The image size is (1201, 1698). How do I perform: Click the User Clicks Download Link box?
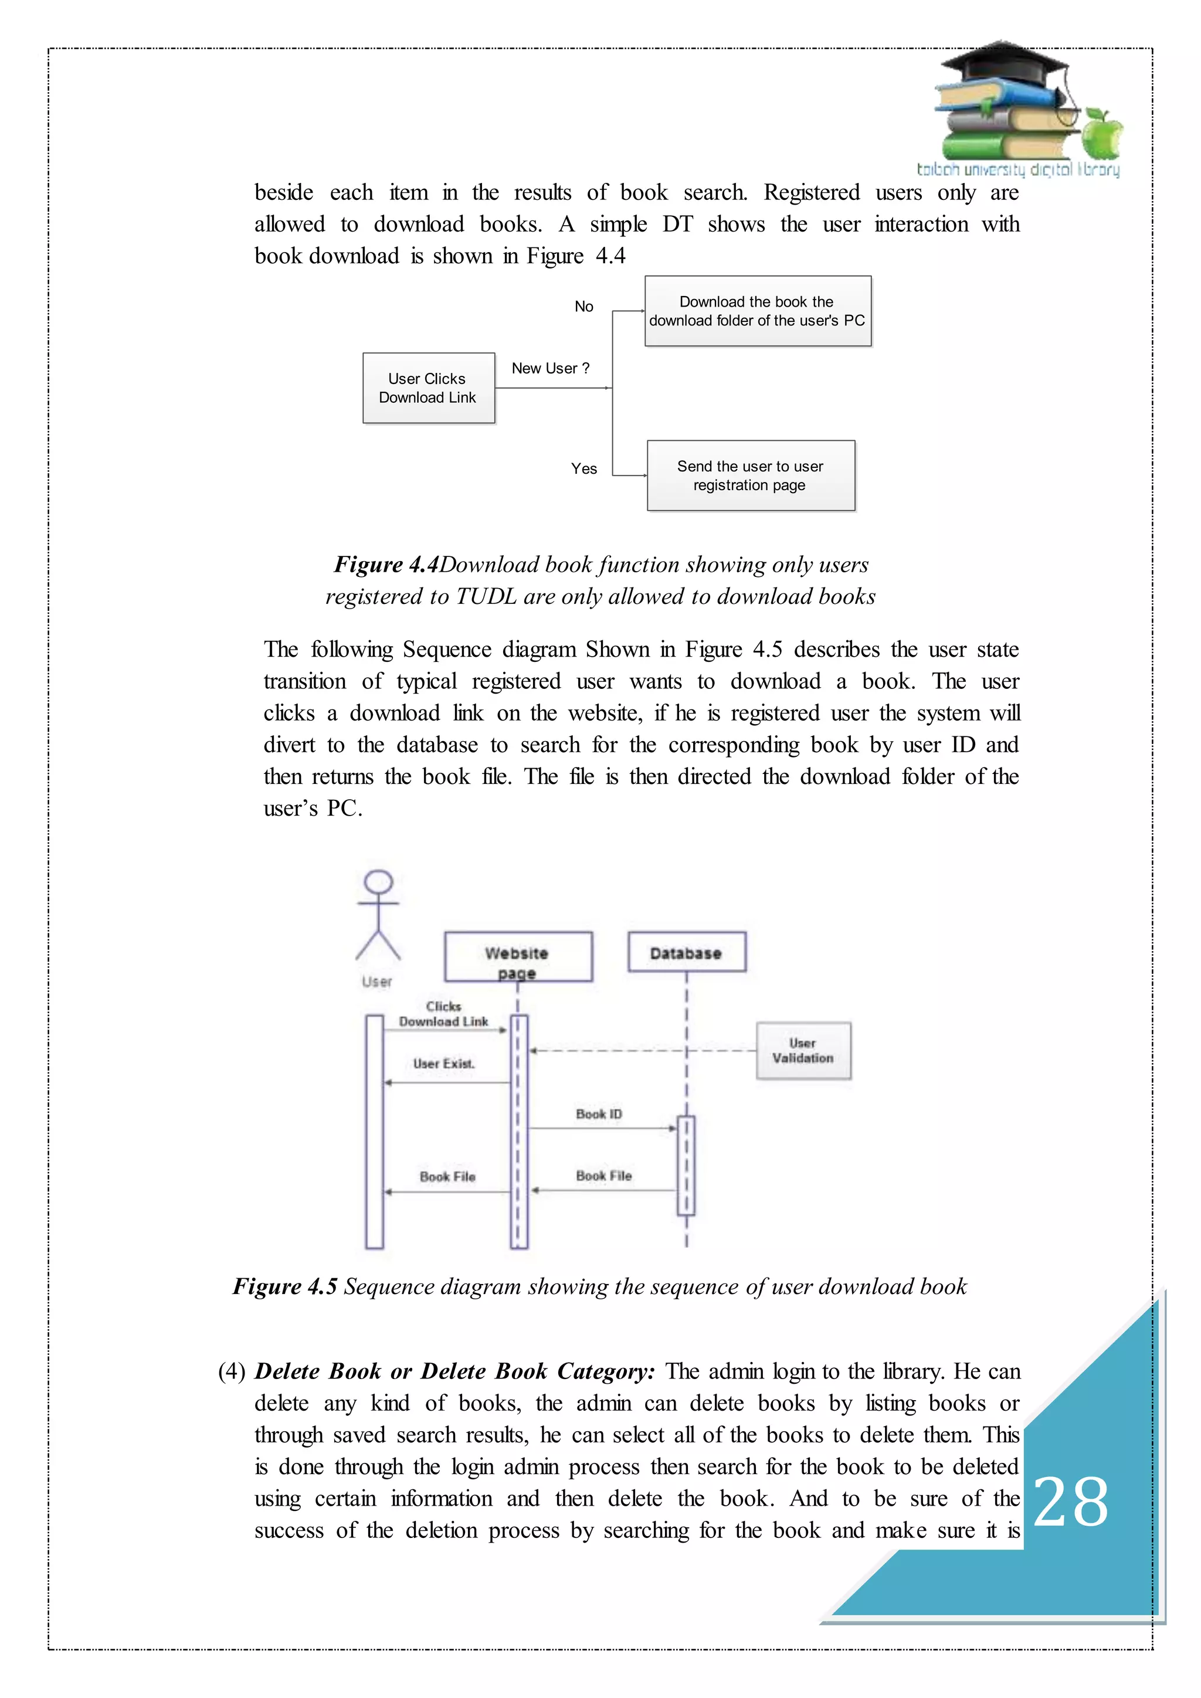coord(428,388)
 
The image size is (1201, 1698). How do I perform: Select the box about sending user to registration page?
coord(750,476)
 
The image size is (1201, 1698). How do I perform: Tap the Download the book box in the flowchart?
coord(757,311)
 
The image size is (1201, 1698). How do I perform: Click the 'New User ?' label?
coord(550,368)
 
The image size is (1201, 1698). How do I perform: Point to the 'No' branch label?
coord(583,306)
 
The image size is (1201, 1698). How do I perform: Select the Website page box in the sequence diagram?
coord(518,956)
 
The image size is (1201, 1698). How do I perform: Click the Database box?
coord(686,953)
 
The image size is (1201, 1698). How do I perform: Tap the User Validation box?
coord(803,1051)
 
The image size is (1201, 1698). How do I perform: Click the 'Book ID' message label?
coord(599,1114)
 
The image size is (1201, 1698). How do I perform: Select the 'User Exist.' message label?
coord(444,1064)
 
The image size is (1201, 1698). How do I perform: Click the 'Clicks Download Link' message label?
coord(444,1014)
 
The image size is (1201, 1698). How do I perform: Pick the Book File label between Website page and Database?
coord(603,1176)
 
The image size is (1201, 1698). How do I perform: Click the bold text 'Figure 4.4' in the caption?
coord(386,564)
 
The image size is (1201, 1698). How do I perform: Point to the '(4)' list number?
coord(232,1371)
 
